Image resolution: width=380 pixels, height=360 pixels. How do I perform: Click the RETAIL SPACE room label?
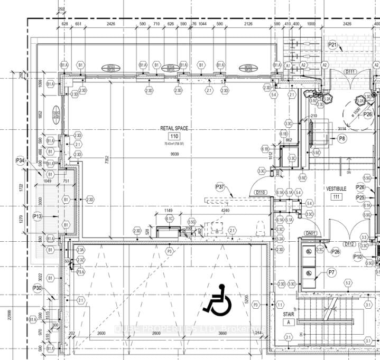pos(174,128)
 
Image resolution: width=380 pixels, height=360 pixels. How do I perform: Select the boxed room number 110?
pos(174,137)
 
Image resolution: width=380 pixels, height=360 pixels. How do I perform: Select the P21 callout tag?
pos(332,45)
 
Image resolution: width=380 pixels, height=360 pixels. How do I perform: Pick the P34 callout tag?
pos(21,160)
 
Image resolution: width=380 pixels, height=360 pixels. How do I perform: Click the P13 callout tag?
pos(38,216)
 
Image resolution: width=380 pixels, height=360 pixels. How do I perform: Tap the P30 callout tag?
pos(37,288)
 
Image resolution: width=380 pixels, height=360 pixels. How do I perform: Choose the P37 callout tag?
pos(220,187)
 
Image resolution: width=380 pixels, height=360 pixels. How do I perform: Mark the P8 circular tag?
pos(342,139)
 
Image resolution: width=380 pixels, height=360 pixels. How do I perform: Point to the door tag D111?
pos(350,71)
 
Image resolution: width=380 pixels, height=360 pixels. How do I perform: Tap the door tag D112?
pos(349,244)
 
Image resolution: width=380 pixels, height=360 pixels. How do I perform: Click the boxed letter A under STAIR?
pos(289,322)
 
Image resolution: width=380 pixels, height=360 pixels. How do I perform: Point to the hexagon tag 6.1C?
pos(170,219)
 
